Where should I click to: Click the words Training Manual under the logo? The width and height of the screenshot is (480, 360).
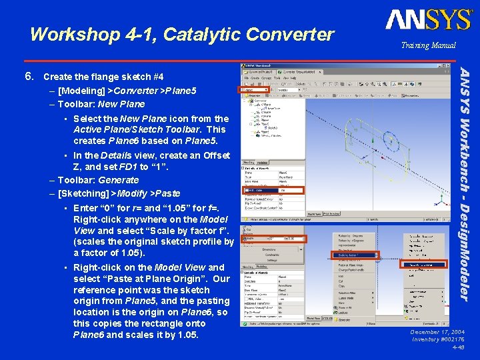pyautogui.click(x=428, y=45)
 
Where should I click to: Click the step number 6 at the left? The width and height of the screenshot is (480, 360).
pyautogui.click(x=29, y=76)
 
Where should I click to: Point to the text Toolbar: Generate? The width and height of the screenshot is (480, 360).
pyautogui.click(x=98, y=180)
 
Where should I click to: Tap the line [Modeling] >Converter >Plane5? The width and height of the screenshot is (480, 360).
pyautogui.click(x=127, y=90)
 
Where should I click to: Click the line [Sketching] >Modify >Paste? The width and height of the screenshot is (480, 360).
pyautogui.click(x=119, y=193)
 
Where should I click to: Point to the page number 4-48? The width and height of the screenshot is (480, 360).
pyautogui.click(x=459, y=347)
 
